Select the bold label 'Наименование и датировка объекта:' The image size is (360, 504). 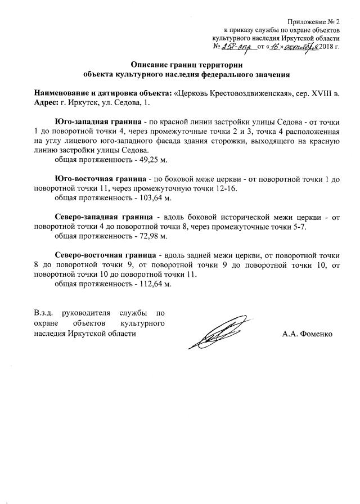[x=103, y=92]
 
